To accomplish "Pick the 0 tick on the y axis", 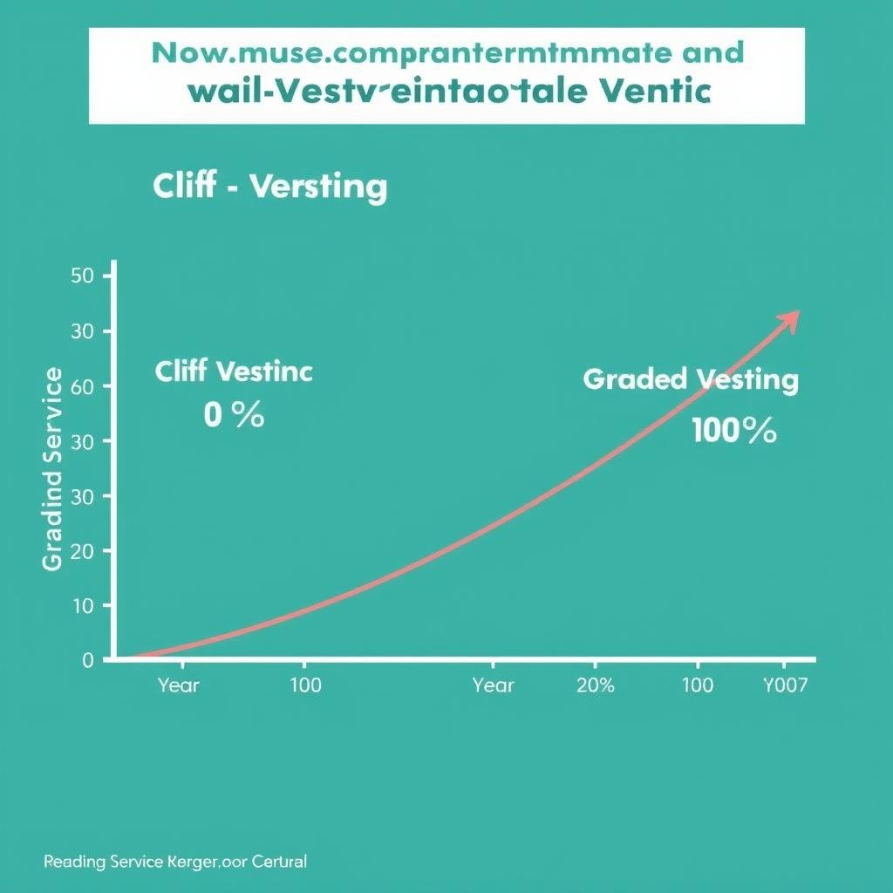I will (x=87, y=660).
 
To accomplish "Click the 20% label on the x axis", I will (x=596, y=685).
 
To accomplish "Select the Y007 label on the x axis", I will (x=785, y=685).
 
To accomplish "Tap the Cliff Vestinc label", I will (x=234, y=372).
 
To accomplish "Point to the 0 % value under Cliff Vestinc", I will (x=234, y=415).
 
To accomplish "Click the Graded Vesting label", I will (x=690, y=380).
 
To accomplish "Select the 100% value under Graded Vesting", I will (x=733, y=430).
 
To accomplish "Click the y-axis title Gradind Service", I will (x=52, y=469).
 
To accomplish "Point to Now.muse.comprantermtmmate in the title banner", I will (x=410, y=53).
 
